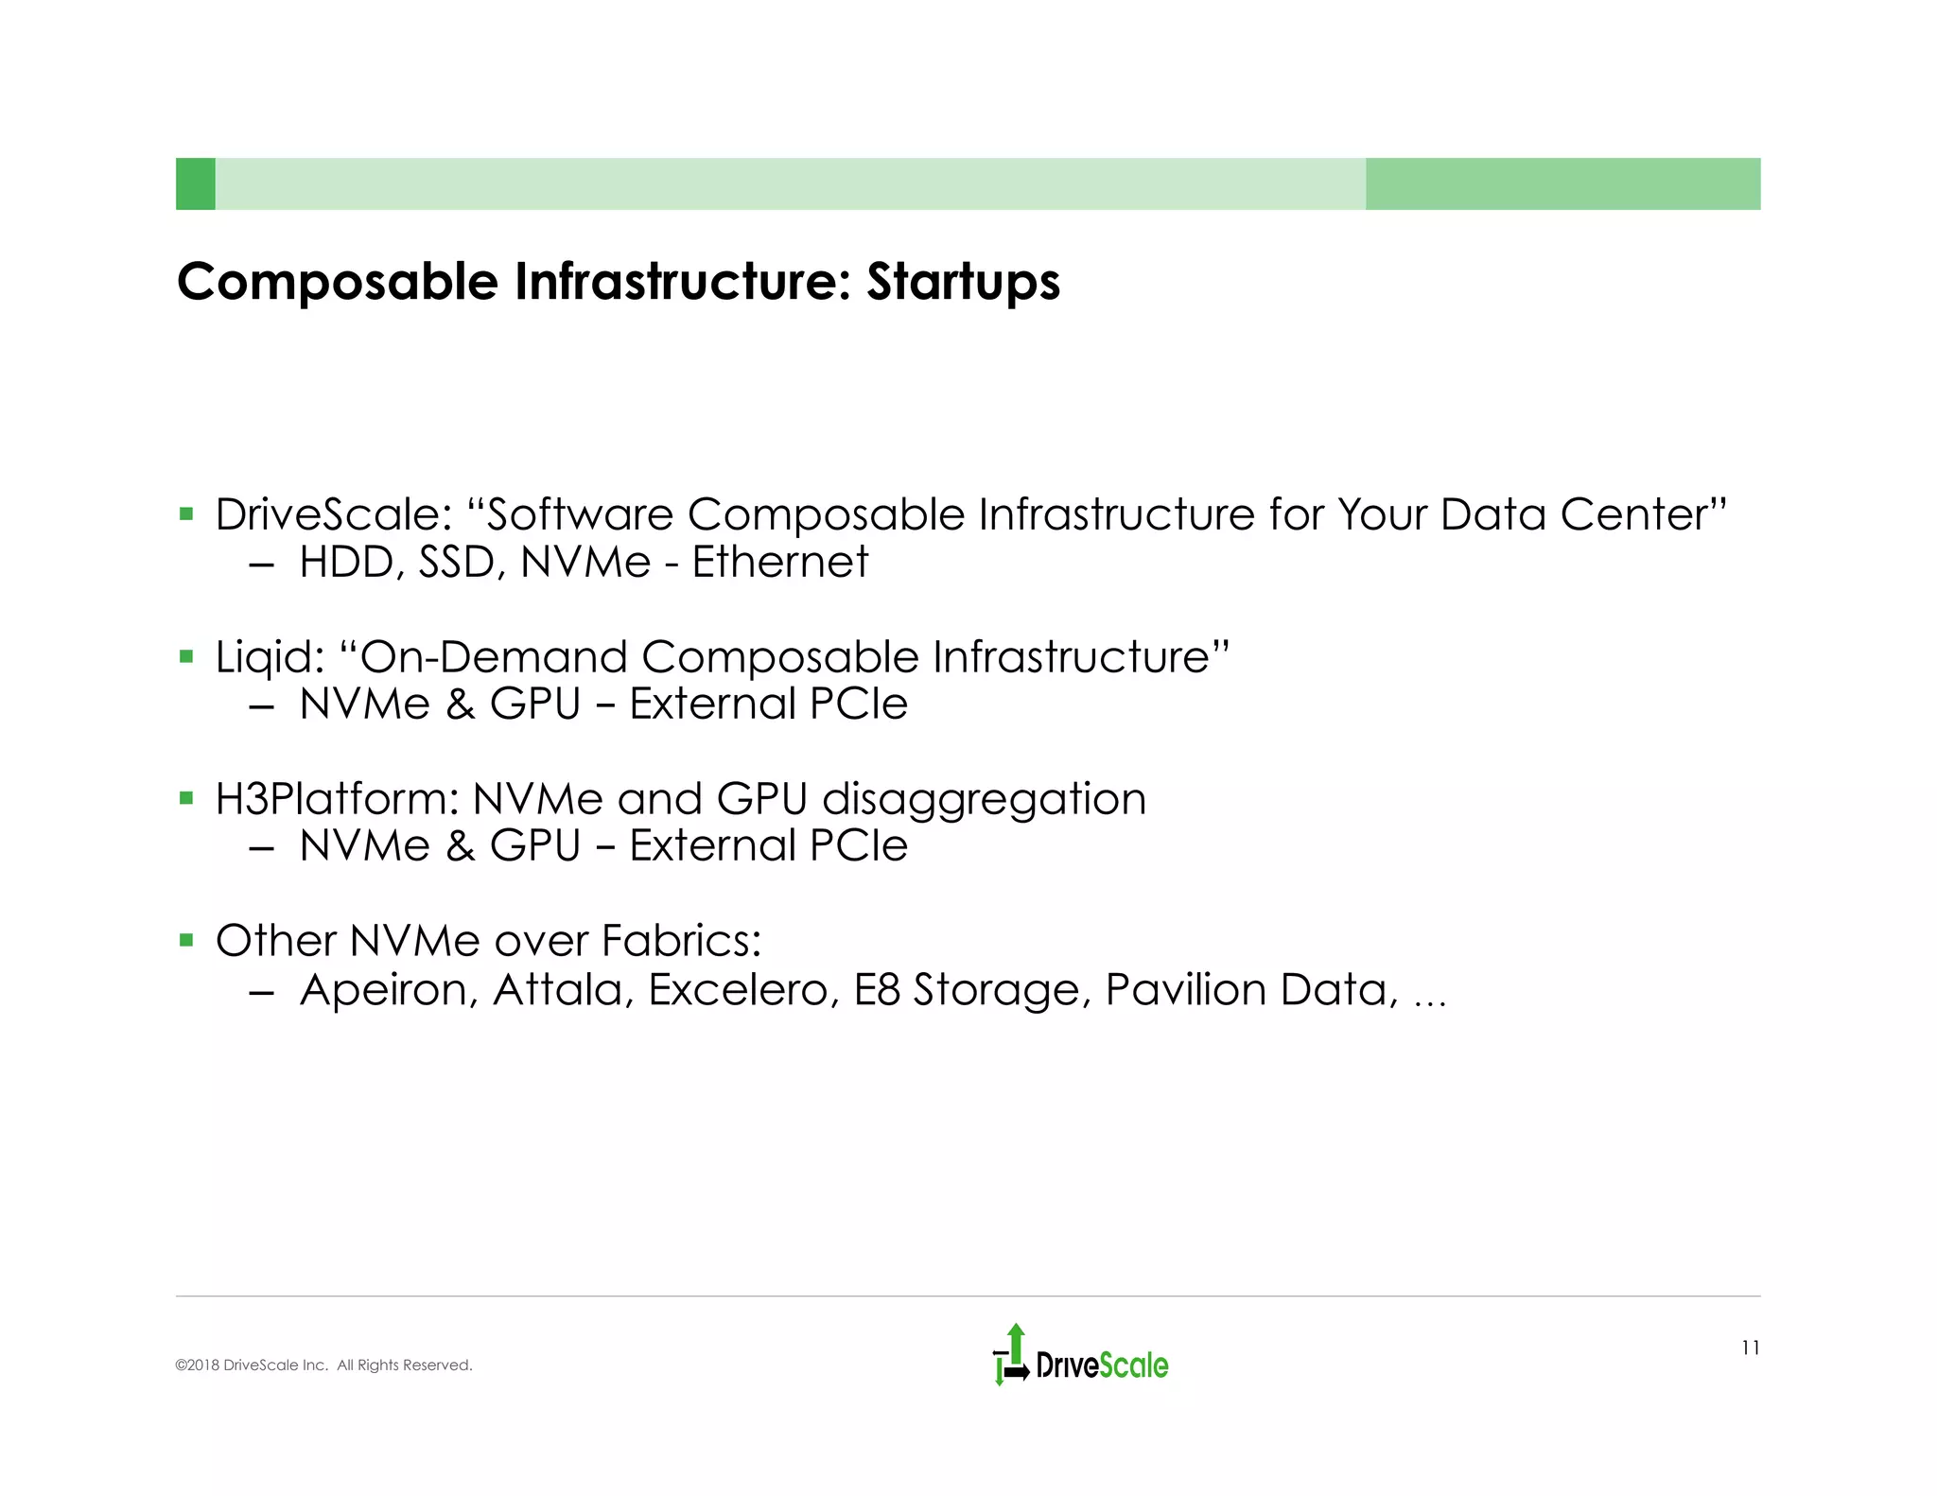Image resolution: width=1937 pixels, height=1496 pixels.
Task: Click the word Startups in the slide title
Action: click(x=963, y=283)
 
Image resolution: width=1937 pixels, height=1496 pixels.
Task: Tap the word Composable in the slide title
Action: click(x=338, y=283)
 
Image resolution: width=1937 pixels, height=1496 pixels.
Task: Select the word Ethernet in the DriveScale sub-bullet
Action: click(x=779, y=563)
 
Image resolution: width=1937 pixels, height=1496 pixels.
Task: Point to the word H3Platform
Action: click(x=337, y=799)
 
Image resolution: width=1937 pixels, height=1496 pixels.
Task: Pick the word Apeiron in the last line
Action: click(x=389, y=991)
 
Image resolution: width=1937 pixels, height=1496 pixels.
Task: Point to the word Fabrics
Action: click(x=681, y=941)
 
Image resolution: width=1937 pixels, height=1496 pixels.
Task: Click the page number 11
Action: click(x=1750, y=1348)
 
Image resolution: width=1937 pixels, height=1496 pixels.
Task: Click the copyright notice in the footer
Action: click(x=323, y=1366)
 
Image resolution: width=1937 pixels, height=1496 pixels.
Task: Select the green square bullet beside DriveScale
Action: click(x=186, y=515)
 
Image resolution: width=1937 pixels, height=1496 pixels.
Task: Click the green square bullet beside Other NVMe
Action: click(x=186, y=941)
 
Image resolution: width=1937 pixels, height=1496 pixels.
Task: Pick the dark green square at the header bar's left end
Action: click(x=196, y=183)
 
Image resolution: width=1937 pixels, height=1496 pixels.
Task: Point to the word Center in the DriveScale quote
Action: click(x=1641, y=515)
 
